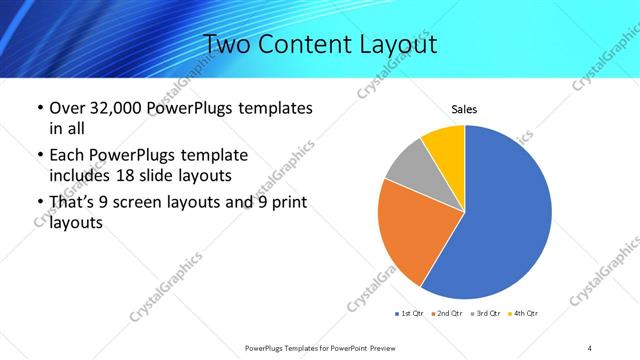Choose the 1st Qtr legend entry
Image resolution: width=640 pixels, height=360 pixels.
point(410,314)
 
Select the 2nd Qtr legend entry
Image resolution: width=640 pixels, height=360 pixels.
point(445,314)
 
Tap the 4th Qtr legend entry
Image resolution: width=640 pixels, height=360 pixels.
point(523,314)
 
